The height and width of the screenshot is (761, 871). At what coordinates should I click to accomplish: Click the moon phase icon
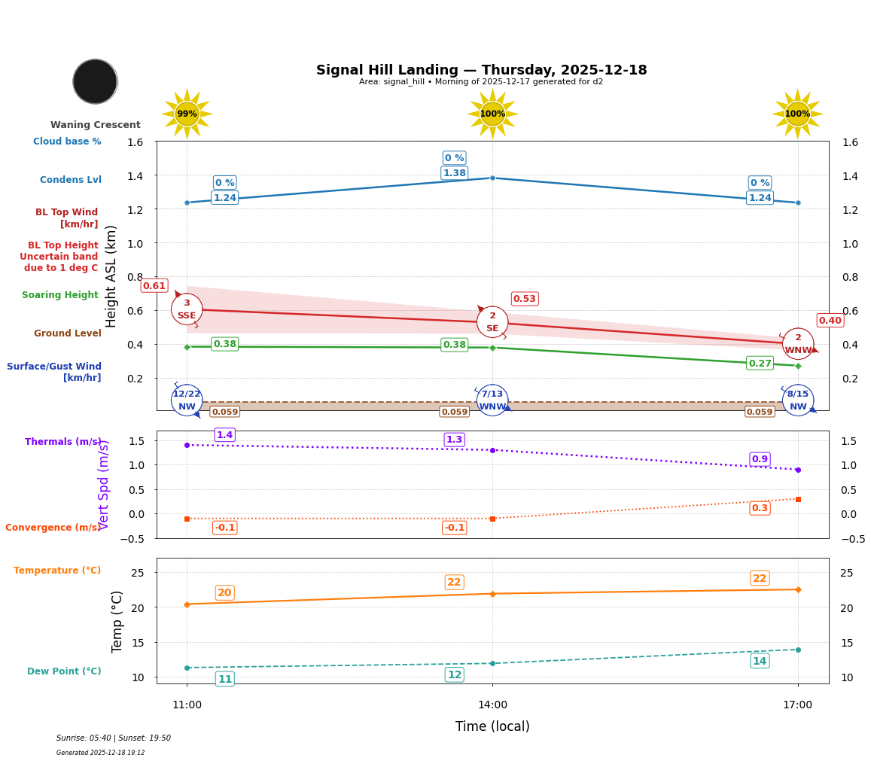point(95,81)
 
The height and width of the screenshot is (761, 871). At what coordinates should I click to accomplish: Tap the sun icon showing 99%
point(187,114)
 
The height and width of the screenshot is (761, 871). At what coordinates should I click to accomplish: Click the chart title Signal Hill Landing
point(481,70)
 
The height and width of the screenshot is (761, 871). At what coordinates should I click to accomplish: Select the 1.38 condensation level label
point(454,173)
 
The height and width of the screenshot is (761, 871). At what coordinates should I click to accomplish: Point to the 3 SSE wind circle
point(187,309)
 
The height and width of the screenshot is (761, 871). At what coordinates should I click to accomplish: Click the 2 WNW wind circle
point(798,344)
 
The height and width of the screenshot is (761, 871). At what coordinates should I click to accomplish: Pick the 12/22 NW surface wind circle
point(187,400)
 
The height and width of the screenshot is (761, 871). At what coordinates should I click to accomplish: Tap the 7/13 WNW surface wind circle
point(492,400)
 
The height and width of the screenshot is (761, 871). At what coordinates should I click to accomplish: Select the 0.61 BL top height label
point(154,286)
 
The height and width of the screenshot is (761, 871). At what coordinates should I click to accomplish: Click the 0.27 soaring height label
point(760,364)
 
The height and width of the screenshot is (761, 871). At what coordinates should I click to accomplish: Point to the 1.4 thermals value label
point(224,435)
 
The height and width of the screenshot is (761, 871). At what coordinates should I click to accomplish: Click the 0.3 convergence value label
point(760,508)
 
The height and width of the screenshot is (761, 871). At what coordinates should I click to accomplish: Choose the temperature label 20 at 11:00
point(224,593)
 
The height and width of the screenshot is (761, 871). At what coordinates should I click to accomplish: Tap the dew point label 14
point(760,661)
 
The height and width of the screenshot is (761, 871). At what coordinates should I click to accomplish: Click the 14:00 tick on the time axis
point(492,705)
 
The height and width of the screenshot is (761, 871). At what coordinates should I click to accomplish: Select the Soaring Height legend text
point(60,295)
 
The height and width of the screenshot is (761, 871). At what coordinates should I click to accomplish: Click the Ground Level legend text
point(67,333)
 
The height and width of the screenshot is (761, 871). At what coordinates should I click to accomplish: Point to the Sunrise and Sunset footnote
point(114,738)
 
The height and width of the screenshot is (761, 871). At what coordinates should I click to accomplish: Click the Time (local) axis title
point(492,726)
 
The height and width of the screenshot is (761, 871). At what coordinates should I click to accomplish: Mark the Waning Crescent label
point(96,125)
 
